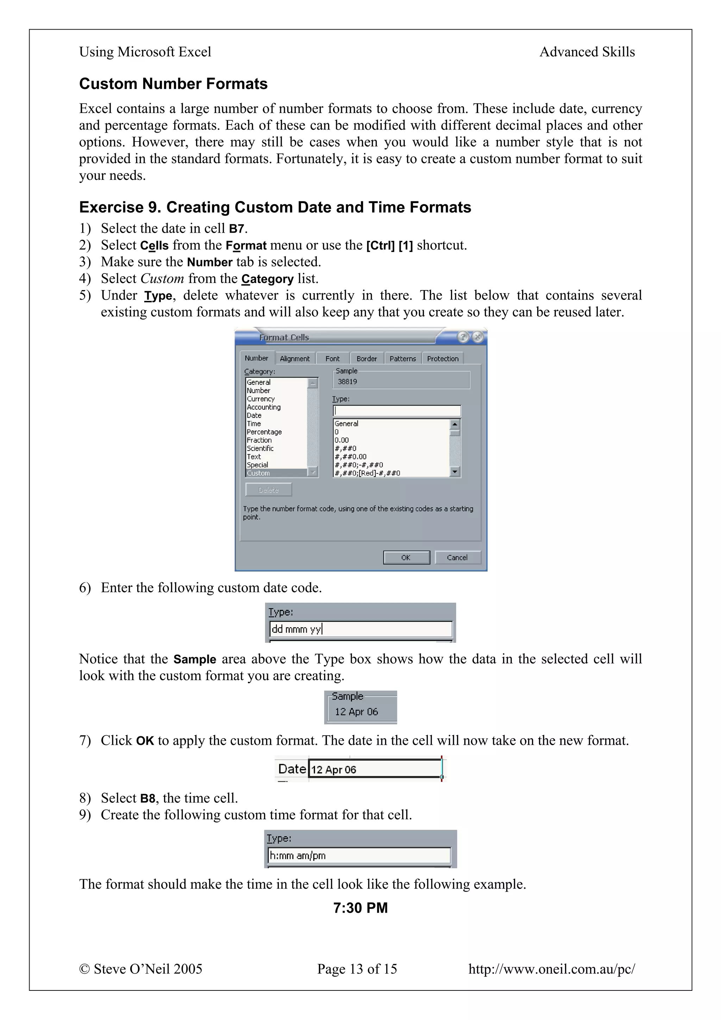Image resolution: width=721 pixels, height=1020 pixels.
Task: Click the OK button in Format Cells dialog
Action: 406,558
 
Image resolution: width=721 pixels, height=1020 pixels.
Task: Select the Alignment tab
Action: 295,359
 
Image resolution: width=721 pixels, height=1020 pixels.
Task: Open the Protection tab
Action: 443,359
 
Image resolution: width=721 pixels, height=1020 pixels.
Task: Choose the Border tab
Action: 366,359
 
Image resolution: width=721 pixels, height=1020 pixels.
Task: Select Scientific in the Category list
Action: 260,448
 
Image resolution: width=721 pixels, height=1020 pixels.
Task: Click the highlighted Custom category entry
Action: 258,473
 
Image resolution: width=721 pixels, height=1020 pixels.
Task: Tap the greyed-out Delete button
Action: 268,490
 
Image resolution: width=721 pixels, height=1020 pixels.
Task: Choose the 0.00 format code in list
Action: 341,440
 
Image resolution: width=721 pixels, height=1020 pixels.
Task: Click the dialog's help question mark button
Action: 463,337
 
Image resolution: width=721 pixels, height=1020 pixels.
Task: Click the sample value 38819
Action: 347,382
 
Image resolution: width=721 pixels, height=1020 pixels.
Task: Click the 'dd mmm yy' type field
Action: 361,629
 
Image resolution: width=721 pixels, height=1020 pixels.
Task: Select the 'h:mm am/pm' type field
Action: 359,856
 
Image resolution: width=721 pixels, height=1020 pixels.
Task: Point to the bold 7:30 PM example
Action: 360,908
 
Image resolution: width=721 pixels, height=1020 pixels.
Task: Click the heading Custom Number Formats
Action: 173,84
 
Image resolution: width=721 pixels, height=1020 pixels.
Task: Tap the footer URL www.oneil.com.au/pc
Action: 551,969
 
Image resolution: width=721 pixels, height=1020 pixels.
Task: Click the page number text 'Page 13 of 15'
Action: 357,969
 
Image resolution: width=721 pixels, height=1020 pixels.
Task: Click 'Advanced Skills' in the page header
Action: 587,52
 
